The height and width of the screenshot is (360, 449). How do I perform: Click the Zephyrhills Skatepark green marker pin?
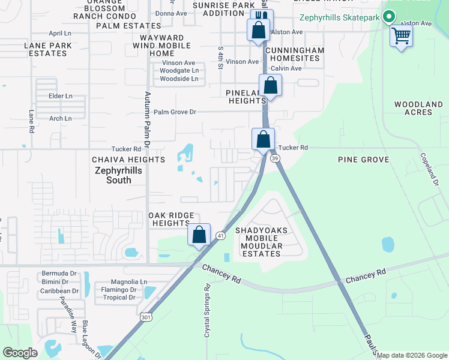click(389, 17)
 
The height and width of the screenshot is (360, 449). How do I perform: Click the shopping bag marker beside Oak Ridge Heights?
click(199, 235)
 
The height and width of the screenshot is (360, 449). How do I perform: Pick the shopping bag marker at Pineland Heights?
click(271, 86)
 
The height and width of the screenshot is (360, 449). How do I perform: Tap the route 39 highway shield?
click(275, 158)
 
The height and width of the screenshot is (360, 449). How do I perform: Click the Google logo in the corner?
click(20, 352)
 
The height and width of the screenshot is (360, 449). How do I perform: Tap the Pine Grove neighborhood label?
click(363, 160)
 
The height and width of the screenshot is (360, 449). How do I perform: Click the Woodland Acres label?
click(418, 108)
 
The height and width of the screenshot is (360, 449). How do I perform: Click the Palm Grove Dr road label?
click(175, 112)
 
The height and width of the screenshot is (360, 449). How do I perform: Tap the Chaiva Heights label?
click(128, 160)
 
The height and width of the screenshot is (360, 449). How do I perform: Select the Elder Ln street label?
click(61, 96)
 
